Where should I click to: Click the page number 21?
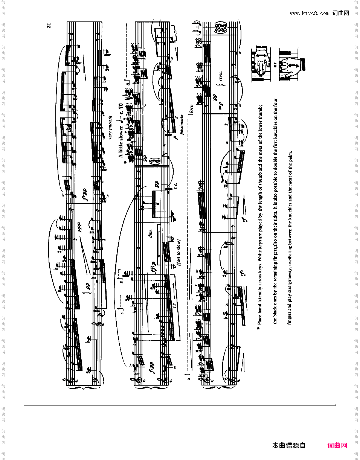[x=49, y=26]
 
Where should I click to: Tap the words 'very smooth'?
[x=110, y=127]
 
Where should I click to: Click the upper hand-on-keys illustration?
[x=261, y=64]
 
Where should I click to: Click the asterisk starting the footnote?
[x=258, y=328]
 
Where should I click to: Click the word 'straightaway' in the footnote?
[x=289, y=279]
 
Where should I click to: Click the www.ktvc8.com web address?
[x=310, y=14]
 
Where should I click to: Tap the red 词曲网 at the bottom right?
[x=337, y=446]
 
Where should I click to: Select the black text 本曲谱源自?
[x=289, y=446]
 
